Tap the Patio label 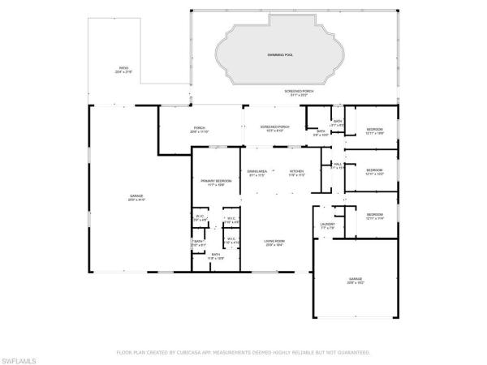click(x=123, y=70)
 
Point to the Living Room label click(x=273, y=242)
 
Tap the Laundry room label click(x=328, y=225)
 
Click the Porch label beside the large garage click(x=199, y=128)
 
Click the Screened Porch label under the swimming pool click(x=299, y=92)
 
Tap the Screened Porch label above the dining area click(x=274, y=127)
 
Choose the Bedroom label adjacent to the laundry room click(x=374, y=215)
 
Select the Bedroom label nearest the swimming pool click(x=374, y=130)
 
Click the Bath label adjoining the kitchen click(x=321, y=132)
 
